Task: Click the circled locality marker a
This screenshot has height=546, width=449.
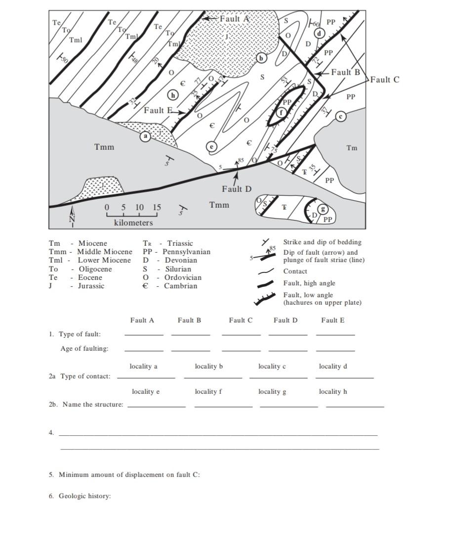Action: tap(145, 136)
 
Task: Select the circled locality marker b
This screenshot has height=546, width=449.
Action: tap(261, 58)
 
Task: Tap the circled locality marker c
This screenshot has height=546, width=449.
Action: tap(340, 116)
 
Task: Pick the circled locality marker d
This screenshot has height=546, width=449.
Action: tap(320, 34)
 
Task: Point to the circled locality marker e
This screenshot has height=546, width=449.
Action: tap(212, 146)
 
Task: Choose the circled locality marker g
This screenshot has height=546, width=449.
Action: tap(324, 209)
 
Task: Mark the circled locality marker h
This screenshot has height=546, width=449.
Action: tap(173, 94)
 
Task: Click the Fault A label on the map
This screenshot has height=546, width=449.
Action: tap(235, 19)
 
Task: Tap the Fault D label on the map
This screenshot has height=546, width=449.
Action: tap(237, 189)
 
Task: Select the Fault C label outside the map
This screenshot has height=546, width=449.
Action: tap(385, 79)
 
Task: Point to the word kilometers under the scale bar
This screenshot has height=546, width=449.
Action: tap(133, 223)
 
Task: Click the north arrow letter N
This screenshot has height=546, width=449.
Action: tap(72, 219)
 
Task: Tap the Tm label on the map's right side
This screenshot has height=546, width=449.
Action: tap(352, 148)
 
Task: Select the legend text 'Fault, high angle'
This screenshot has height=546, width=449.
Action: tap(309, 283)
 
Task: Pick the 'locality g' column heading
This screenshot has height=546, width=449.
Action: tap(272, 392)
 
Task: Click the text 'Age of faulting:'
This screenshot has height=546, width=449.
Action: tap(84, 349)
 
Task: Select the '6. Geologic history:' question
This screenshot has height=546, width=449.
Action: tap(80, 496)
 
